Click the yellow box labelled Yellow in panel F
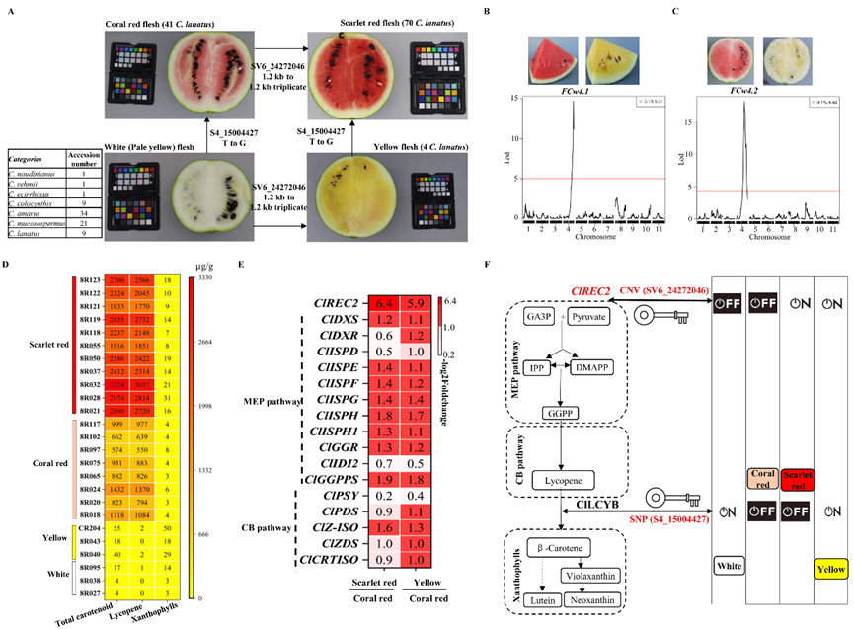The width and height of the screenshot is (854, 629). click(x=826, y=567)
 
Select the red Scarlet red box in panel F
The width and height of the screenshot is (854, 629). click(x=773, y=479)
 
